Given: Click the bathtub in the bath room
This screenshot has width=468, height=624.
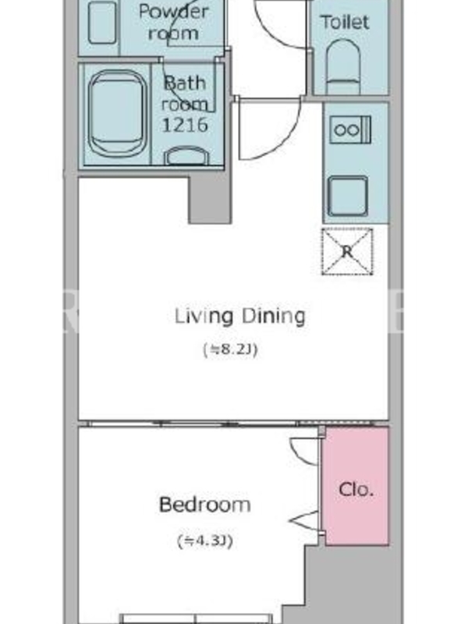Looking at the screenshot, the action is coord(117,115).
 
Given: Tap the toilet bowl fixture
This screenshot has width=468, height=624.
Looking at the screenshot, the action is coord(342,66).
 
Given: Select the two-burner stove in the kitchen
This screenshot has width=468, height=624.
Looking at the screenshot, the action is coord(350,129).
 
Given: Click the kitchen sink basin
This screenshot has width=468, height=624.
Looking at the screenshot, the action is coord(347,197).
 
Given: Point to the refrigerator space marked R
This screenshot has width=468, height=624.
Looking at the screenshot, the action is coord(347,251).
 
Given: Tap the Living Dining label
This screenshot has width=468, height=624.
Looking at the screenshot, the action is coord(240,317).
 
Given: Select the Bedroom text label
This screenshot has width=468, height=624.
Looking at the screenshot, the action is coord(204,505).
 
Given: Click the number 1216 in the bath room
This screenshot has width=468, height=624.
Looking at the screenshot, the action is coord(185,125).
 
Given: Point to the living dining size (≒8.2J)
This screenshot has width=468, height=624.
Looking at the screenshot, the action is coord(230,349).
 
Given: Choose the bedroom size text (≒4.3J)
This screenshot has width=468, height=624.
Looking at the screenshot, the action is coord(204,541).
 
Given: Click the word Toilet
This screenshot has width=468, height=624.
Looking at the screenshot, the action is coord(345,23).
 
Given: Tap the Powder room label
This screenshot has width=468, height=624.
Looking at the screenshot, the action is coord(174,22).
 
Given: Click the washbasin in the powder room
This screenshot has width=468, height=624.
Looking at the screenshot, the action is coord(102,23).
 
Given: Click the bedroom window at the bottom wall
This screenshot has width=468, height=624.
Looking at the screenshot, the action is coord(197,619).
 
